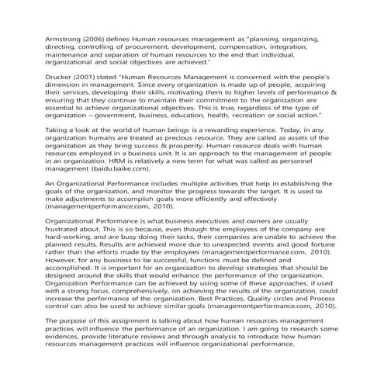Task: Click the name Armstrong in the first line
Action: click(44, 36)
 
